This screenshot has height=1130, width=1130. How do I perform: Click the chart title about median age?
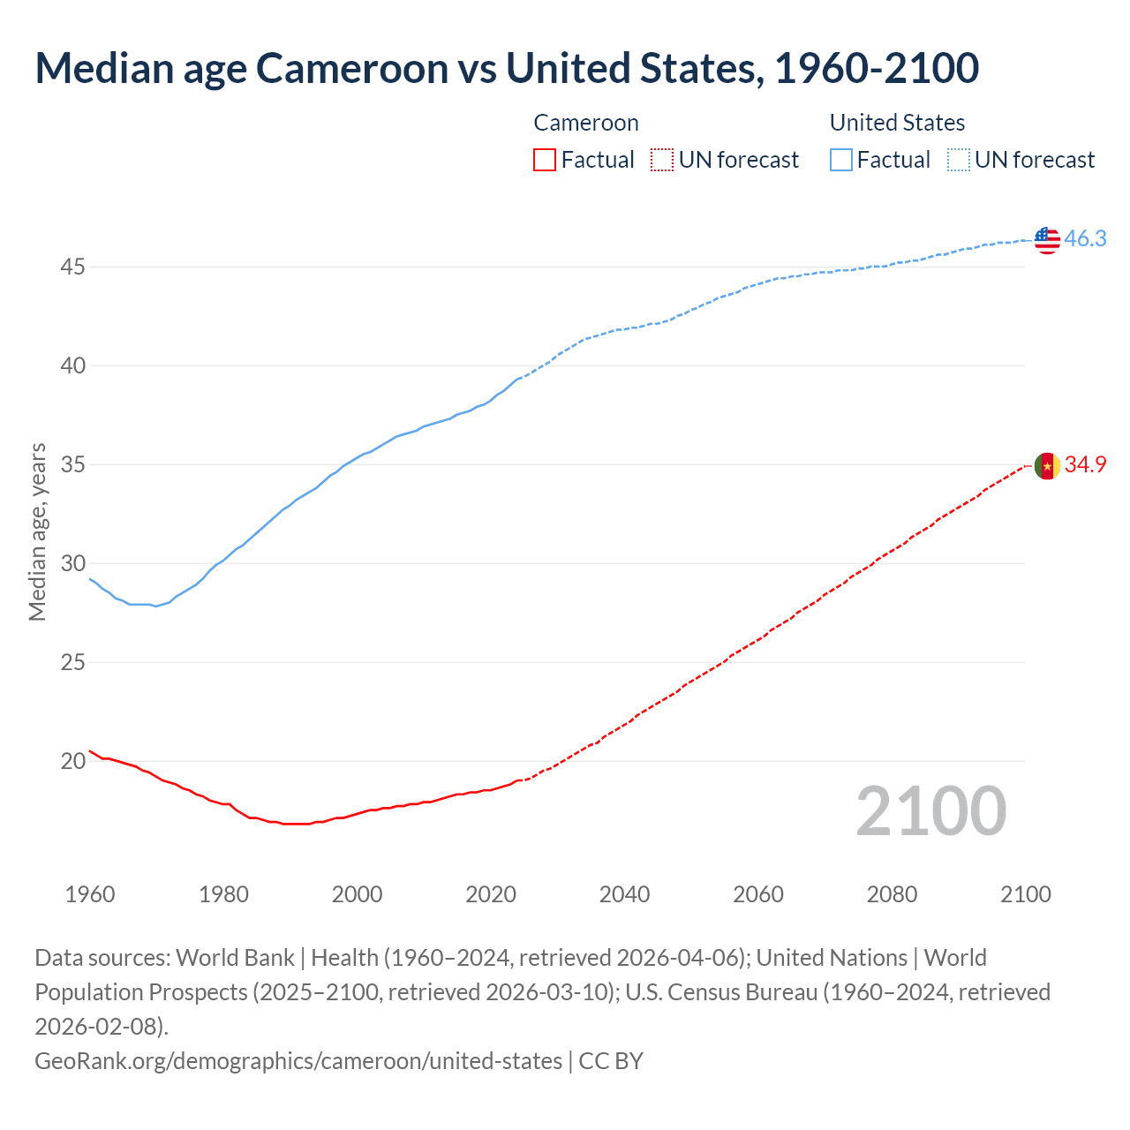point(507,69)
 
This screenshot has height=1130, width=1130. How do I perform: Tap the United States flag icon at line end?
point(1047,239)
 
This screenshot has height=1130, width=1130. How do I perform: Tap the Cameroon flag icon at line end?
point(1047,466)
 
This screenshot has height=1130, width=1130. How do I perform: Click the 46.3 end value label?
point(1085,239)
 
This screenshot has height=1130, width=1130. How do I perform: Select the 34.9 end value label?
point(1085,465)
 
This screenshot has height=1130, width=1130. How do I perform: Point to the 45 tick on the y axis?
point(72,267)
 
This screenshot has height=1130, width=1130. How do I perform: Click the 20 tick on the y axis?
point(72,761)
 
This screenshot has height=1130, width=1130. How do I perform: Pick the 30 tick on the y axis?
point(72,563)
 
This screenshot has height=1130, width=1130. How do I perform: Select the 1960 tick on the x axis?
point(90,894)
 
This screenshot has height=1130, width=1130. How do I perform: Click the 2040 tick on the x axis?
point(624,894)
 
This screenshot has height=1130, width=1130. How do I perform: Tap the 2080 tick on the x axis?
point(892,894)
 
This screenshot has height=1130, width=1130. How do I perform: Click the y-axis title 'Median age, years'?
point(38,532)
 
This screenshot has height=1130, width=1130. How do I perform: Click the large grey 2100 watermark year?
point(930,811)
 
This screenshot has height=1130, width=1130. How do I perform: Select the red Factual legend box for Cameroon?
point(545,160)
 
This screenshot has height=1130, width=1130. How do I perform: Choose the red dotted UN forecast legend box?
point(662,160)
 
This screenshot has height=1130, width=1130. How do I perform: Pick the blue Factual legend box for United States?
point(841,160)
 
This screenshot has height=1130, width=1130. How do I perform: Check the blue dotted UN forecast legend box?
point(959,160)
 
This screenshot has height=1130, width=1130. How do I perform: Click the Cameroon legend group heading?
point(586,123)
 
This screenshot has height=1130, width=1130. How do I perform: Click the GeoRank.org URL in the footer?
point(298,1060)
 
